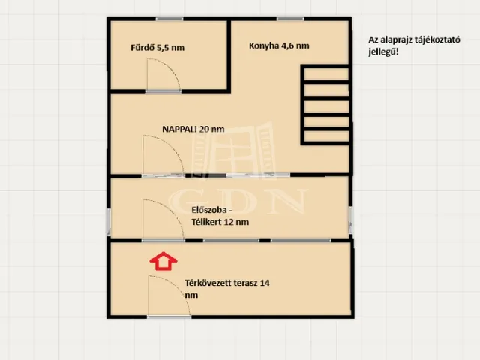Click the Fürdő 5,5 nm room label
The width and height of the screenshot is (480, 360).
157,48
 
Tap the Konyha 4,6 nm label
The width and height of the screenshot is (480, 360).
279,46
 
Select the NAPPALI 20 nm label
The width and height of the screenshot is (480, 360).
193,129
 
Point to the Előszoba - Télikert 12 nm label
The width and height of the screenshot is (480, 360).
220,216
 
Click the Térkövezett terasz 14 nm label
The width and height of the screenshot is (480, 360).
227,289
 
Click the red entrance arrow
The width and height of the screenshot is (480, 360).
163,261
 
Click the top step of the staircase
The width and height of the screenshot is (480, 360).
327,74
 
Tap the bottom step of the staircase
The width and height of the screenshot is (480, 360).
327,136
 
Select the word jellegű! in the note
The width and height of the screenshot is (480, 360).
383,52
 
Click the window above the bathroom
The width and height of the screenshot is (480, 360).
169,19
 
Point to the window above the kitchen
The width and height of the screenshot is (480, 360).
290,19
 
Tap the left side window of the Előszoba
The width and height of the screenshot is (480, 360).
108,222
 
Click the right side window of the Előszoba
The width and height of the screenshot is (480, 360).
351,220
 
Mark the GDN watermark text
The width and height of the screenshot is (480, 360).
238,201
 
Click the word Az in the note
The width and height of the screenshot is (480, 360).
373,40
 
